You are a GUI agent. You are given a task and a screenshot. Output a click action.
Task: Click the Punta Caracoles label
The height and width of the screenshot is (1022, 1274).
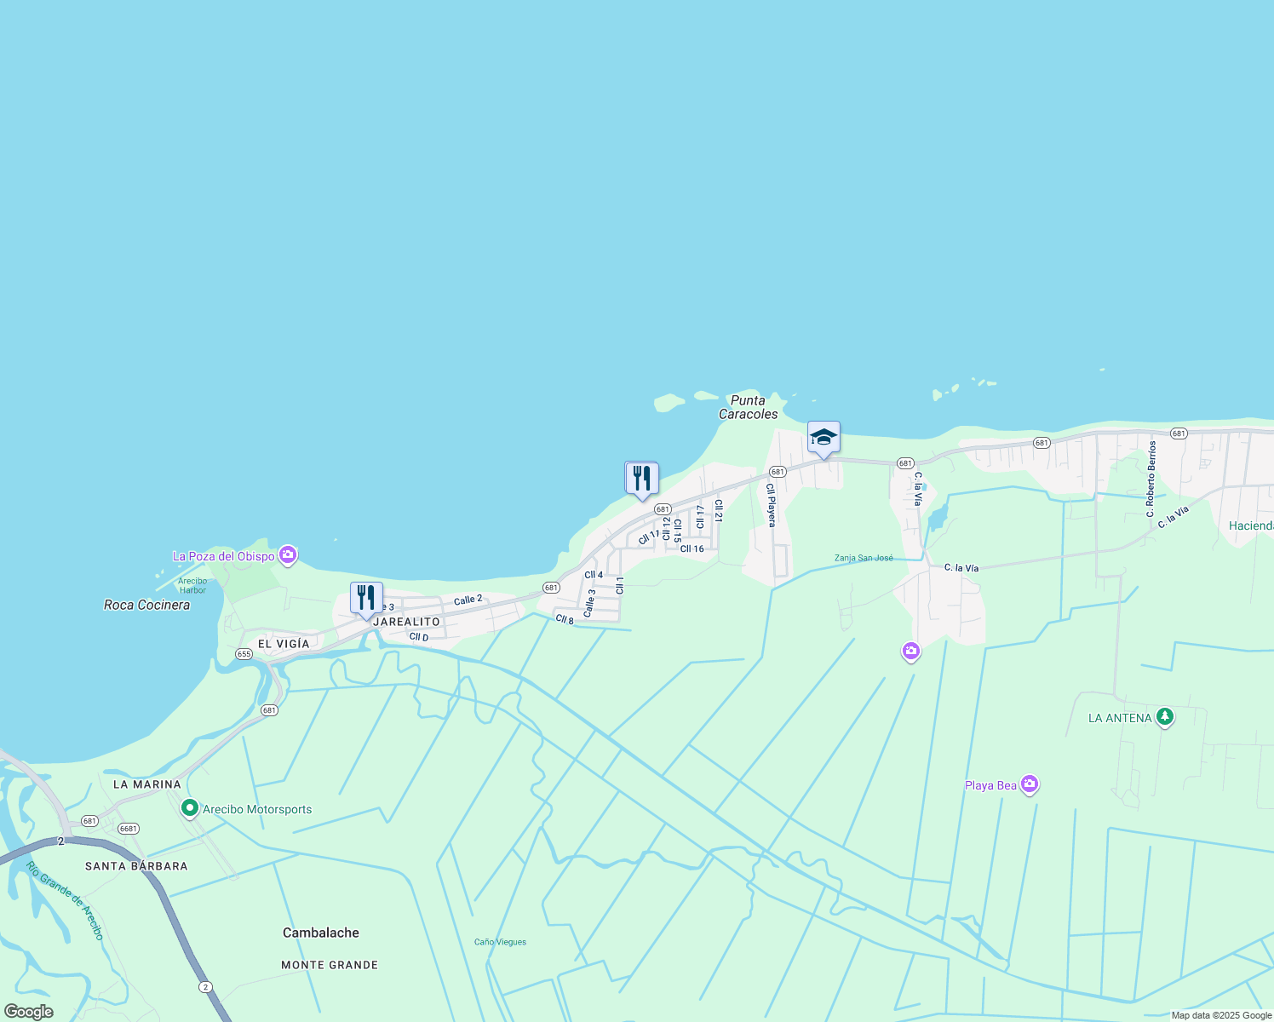(748, 407)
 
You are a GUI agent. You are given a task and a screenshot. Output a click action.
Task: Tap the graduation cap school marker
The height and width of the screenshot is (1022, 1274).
(824, 438)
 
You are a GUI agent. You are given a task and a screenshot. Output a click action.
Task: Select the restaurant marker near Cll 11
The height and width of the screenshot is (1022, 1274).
(641, 479)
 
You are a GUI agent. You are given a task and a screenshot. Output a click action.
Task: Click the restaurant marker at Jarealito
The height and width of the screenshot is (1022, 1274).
(366, 599)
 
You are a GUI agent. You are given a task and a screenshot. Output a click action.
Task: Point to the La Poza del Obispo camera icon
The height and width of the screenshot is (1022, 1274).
(288, 556)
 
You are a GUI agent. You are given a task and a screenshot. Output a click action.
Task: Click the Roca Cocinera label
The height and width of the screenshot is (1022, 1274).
(146, 605)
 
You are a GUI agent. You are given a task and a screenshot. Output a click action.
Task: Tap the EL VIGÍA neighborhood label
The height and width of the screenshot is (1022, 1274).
(284, 644)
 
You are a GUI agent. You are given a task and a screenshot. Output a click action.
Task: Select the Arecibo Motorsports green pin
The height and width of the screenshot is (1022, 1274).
(190, 808)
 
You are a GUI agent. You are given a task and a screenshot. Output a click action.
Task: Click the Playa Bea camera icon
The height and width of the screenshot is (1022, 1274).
(1030, 784)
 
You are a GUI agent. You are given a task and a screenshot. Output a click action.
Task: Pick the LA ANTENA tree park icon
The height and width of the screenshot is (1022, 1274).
(1165, 717)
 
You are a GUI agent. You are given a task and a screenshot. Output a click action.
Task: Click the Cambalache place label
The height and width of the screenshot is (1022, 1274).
(321, 933)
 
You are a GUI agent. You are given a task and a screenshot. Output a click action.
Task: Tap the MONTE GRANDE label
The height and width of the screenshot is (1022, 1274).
(330, 965)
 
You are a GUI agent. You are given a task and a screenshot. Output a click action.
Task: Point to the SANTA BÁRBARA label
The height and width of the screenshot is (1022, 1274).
(136, 866)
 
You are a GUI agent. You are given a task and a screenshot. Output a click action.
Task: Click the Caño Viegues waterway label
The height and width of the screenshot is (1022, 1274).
(500, 942)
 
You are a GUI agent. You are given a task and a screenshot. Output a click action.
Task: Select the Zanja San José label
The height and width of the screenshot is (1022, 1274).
(864, 558)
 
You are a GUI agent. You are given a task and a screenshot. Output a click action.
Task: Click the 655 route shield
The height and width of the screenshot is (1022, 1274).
(244, 654)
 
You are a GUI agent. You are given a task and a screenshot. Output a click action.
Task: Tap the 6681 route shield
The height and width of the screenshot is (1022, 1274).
(129, 829)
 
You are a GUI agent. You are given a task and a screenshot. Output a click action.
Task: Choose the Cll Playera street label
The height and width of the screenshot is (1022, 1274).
(771, 505)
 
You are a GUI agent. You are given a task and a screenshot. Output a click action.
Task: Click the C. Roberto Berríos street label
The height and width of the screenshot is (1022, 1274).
(1151, 479)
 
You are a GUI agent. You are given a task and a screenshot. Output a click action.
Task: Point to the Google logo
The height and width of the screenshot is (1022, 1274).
(29, 1012)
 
